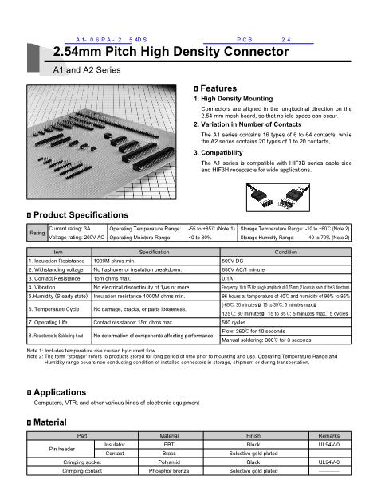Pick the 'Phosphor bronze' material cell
click(169, 470)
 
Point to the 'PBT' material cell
click(169, 443)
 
